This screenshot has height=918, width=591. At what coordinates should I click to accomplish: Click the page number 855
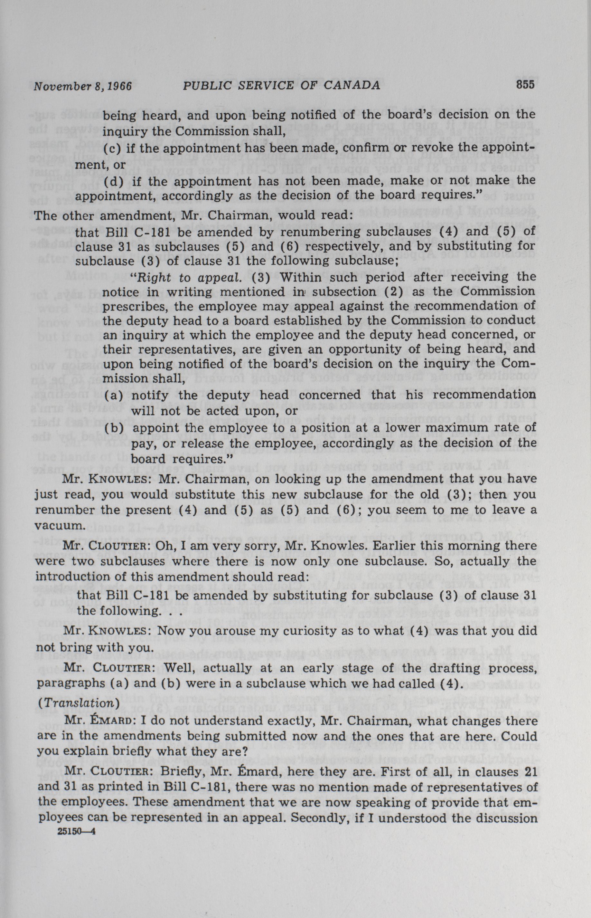click(x=525, y=85)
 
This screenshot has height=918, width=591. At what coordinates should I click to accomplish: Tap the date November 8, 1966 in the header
click(x=82, y=86)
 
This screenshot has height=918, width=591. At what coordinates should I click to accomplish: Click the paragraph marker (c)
click(x=111, y=149)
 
